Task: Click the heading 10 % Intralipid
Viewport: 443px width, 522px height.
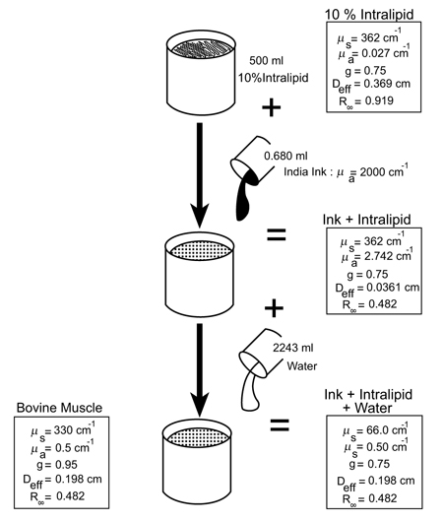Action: [369, 15]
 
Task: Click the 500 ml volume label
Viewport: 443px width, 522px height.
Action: [266, 61]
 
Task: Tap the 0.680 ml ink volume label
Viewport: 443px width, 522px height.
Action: [285, 156]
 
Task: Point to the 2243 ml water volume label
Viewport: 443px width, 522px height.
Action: [293, 348]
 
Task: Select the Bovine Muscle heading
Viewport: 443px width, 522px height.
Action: [59, 408]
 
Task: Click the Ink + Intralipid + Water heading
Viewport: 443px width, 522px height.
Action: [368, 401]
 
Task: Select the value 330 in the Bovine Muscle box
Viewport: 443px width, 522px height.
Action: [63, 430]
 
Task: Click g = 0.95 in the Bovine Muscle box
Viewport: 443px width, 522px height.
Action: [57, 465]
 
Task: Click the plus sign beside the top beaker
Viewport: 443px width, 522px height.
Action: [272, 107]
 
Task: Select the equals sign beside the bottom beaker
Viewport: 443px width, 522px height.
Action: [280, 424]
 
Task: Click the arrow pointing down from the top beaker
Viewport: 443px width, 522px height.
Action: [200, 175]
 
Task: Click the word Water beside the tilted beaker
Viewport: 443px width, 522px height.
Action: [302, 365]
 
